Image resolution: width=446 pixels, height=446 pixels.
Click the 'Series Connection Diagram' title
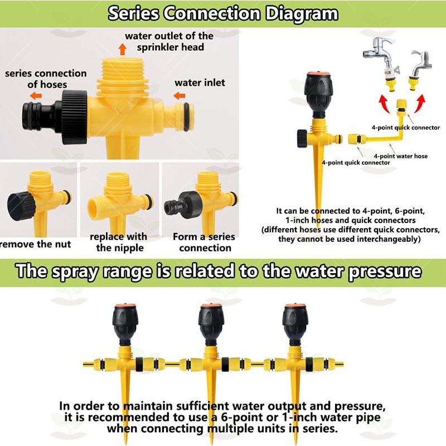223,13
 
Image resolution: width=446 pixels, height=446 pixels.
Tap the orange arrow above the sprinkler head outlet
122,49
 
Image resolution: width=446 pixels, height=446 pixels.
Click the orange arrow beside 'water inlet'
179,95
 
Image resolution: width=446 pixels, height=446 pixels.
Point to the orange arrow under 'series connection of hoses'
36,95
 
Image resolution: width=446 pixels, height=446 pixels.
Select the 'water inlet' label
200,83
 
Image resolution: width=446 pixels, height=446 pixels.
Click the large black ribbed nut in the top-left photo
75,117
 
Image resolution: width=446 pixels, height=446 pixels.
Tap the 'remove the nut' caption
35,244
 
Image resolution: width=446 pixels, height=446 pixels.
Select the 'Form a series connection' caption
204,242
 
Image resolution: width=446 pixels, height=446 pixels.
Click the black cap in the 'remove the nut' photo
21,206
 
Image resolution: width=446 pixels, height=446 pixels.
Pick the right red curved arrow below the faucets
420,103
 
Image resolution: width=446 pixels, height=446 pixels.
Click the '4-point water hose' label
400,156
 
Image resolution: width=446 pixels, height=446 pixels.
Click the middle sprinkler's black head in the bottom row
211,325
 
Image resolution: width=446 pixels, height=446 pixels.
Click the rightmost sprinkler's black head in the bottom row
295,325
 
